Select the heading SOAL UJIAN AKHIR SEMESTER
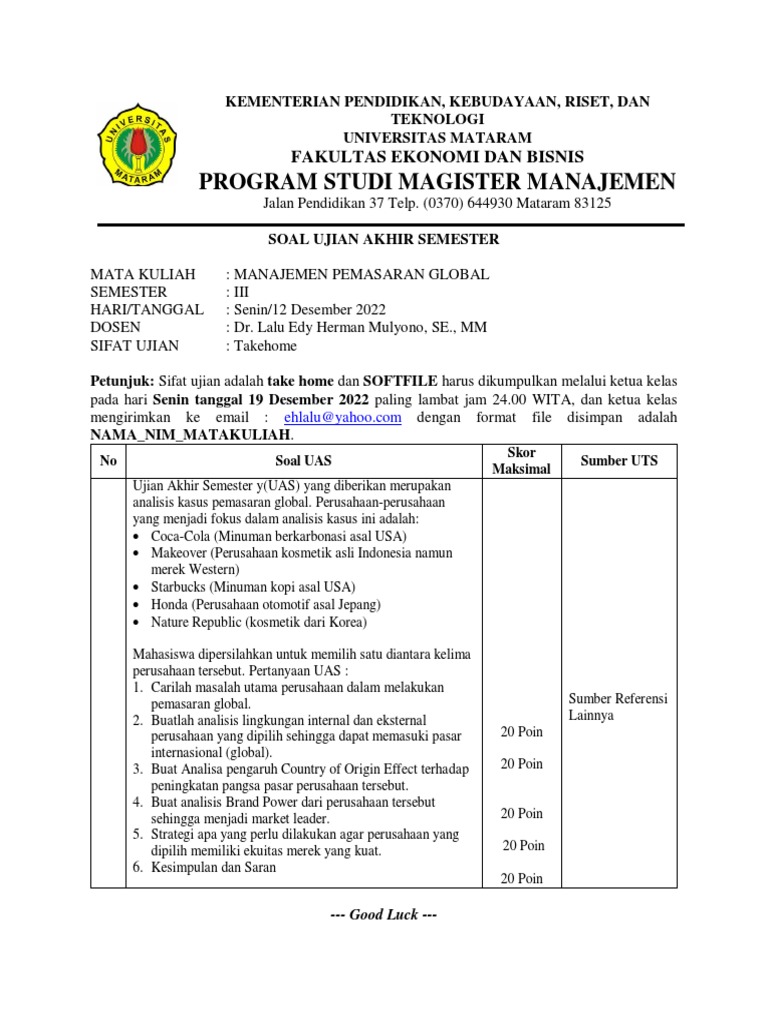point(385,239)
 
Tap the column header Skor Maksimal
point(522,461)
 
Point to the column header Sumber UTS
point(620,461)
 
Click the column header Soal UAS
point(304,461)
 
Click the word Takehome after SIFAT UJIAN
point(265,346)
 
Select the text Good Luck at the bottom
point(384,915)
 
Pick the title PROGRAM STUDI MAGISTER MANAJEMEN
point(436,181)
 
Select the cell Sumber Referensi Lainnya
point(617,707)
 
